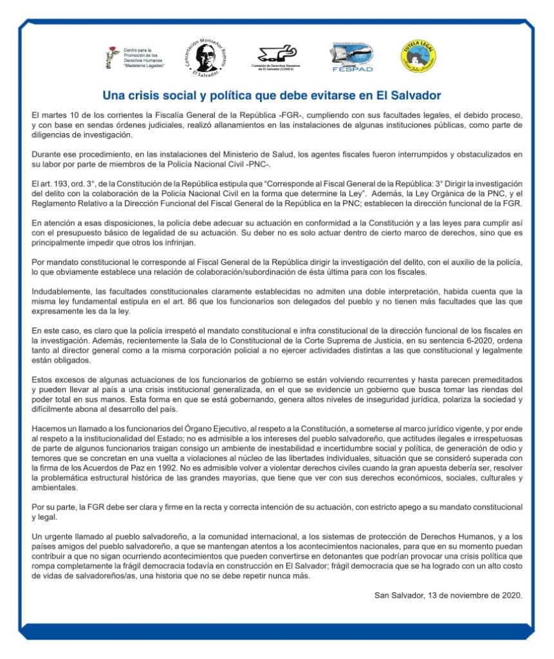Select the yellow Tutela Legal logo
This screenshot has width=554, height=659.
click(419, 55)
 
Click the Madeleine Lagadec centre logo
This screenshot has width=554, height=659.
click(136, 57)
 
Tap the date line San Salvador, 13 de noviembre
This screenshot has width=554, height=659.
click(448, 595)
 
